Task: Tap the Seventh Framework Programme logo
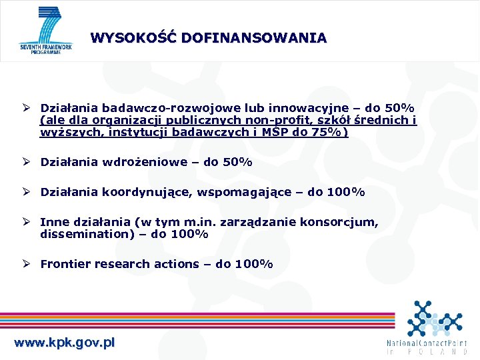45,31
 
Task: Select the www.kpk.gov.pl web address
65,343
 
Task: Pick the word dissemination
87,234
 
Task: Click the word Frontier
65,264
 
